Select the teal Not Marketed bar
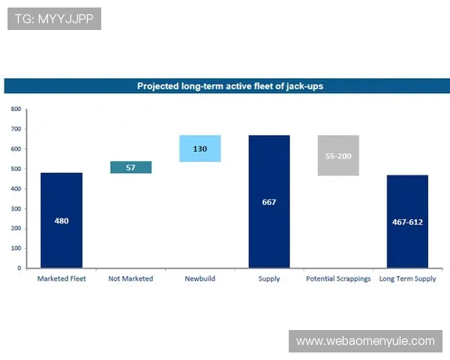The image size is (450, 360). pyautogui.click(x=130, y=167)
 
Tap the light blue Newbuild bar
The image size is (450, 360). pyautogui.click(x=199, y=148)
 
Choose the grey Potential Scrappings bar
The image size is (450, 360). pyautogui.click(x=338, y=155)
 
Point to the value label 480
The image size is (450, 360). pyautogui.click(x=61, y=221)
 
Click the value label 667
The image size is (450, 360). pyautogui.click(x=269, y=202)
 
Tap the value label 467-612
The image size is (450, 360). pyautogui.click(x=407, y=222)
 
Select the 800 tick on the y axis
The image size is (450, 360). pyautogui.click(x=16, y=109)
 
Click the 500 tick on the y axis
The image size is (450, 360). pyautogui.click(x=16, y=169)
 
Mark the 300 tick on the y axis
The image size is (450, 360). pyautogui.click(x=16, y=208)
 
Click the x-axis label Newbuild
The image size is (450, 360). pyautogui.click(x=199, y=279)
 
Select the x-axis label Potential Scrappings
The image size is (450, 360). pyautogui.click(x=338, y=279)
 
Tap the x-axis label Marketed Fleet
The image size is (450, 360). pyautogui.click(x=61, y=279)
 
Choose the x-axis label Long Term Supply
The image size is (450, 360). pyautogui.click(x=407, y=279)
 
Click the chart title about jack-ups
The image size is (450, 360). pyautogui.click(x=229, y=86)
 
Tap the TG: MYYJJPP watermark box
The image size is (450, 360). pyautogui.click(x=54, y=19)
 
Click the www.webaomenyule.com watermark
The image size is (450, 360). pyautogui.click(x=365, y=341)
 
